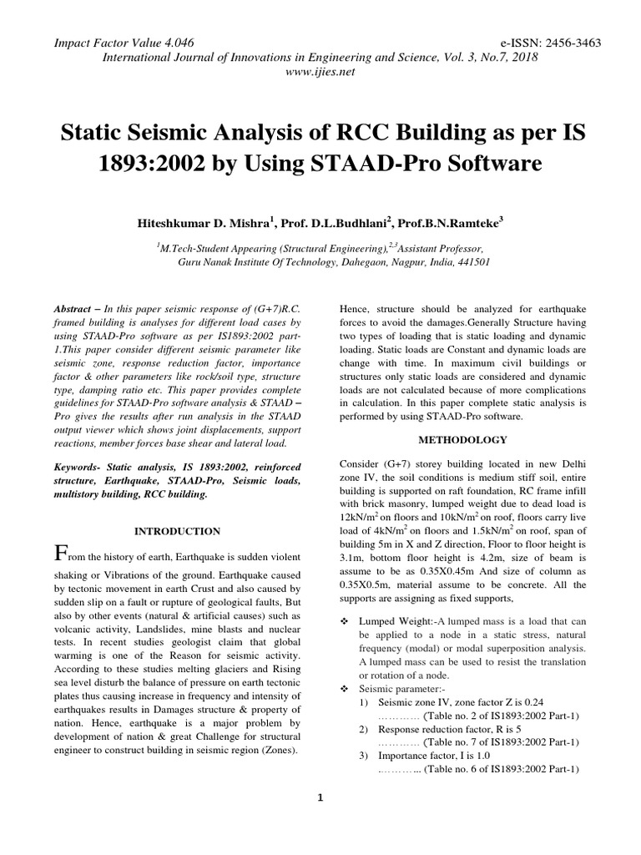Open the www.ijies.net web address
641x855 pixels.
click(320, 72)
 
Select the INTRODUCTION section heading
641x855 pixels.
click(178, 531)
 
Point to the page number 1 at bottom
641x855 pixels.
click(320, 797)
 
